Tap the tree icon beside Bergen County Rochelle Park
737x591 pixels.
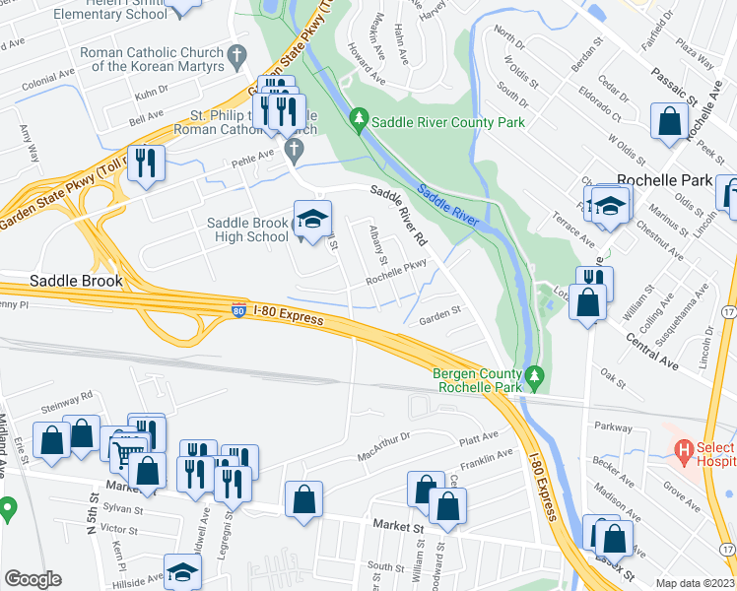tap(534, 375)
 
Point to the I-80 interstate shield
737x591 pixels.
tap(239, 311)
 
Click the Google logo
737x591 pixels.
tap(33, 579)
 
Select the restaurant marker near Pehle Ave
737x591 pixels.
tap(147, 163)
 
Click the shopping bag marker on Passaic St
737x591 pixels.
tap(670, 122)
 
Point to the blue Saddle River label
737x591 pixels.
tap(446, 205)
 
